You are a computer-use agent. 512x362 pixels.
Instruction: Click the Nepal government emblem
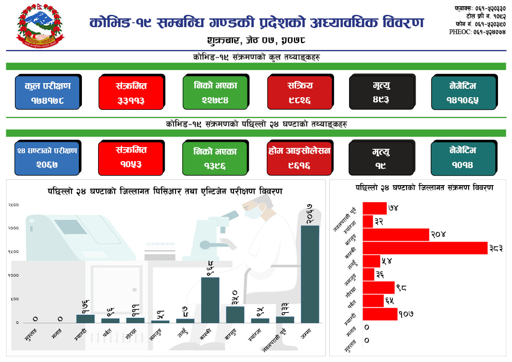[x=40, y=28]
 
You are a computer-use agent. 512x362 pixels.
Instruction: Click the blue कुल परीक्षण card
[x=47, y=92]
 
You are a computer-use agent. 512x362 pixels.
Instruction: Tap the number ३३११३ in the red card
[x=131, y=100]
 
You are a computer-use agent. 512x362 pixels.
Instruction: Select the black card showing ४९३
[x=381, y=92]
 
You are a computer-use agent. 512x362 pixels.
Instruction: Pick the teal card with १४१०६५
[x=463, y=92]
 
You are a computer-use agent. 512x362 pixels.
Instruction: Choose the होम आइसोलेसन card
[x=300, y=157]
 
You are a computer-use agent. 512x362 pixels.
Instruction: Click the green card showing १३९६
[x=215, y=157]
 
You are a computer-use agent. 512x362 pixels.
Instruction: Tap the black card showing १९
[x=381, y=157]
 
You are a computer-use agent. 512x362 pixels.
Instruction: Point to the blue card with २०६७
[x=47, y=157]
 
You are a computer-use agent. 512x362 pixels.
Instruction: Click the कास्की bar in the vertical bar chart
[x=210, y=300]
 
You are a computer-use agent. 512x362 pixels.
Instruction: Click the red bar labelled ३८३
[x=425, y=248]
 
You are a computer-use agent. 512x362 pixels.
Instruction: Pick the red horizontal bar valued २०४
[x=396, y=235]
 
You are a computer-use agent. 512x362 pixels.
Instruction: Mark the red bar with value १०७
[x=380, y=314]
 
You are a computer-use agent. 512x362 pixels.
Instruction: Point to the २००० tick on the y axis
[x=13, y=228]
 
